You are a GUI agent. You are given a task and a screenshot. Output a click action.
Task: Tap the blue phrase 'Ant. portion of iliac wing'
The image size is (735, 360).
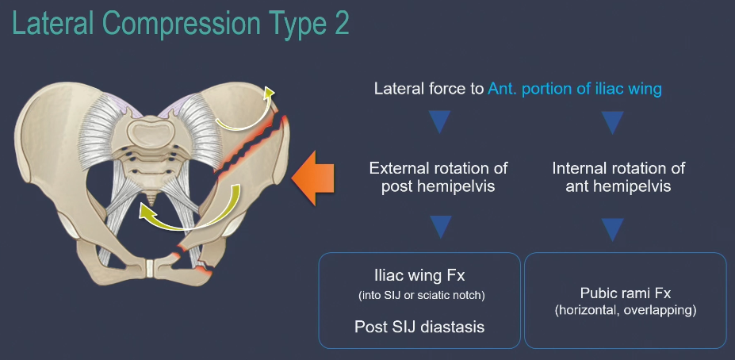(x=575, y=89)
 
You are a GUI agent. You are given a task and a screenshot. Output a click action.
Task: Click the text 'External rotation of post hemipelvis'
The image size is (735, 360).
(x=438, y=177)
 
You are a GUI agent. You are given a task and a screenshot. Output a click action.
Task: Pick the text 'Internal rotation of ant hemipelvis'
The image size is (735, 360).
(x=618, y=177)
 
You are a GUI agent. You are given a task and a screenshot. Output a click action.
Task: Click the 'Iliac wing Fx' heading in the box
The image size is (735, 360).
(x=419, y=276)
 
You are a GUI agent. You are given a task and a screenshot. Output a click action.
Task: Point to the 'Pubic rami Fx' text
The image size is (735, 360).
(x=626, y=291)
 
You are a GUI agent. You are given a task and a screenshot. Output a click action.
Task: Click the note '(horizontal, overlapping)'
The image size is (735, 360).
(x=626, y=310)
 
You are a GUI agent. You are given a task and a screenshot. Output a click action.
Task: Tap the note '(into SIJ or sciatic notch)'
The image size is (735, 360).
(x=419, y=296)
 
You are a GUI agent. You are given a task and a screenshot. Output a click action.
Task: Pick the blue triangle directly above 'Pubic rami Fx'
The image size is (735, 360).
(x=611, y=229)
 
